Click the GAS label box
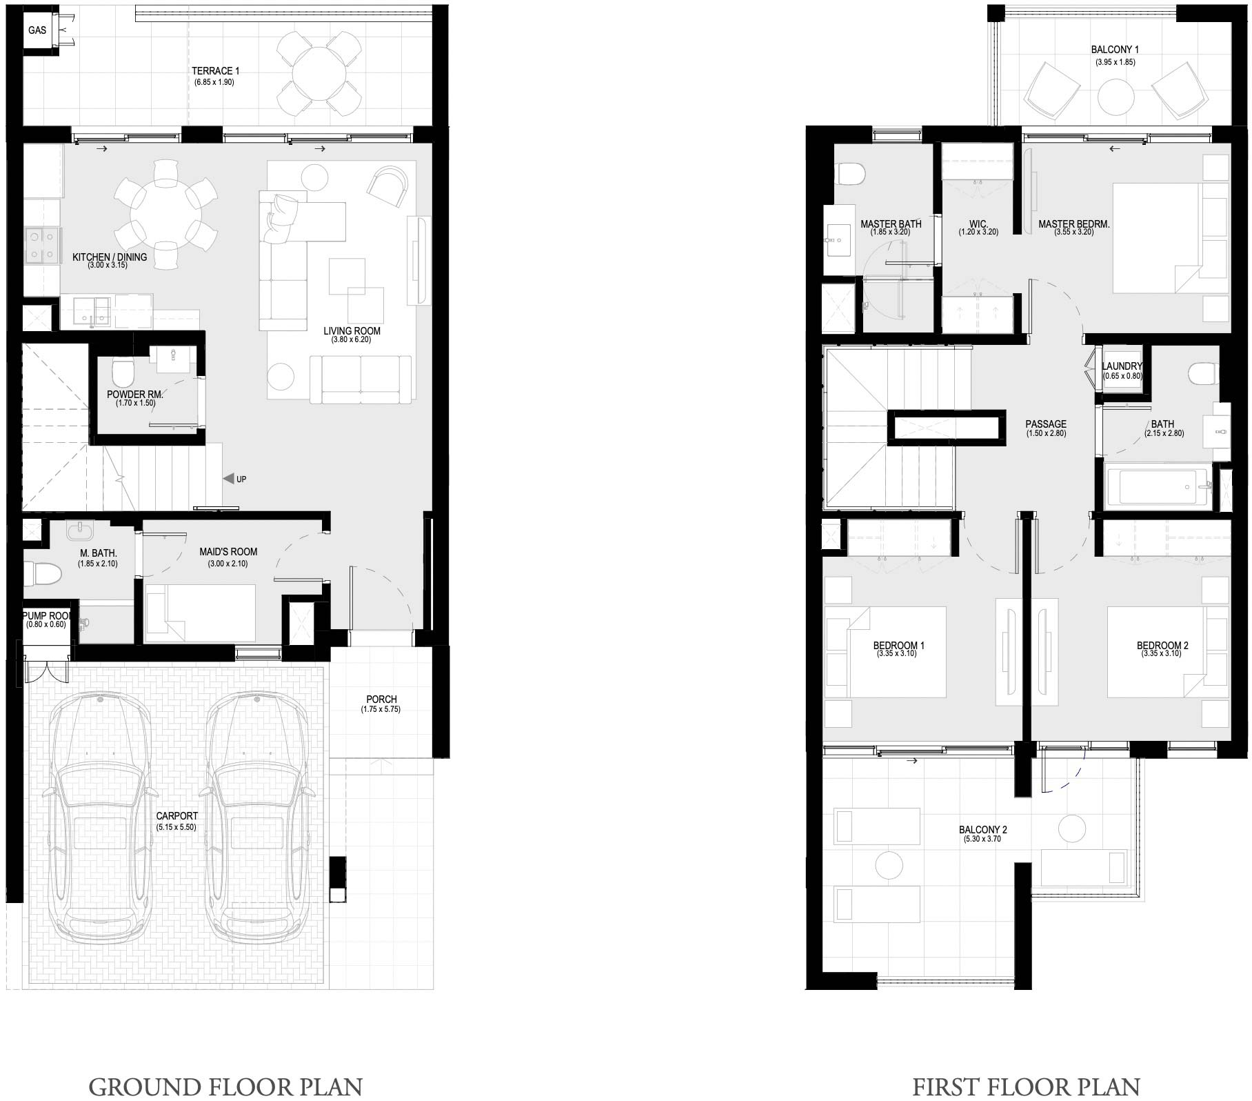click(x=37, y=30)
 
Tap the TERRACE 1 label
click(x=215, y=71)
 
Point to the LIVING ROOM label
click(x=352, y=331)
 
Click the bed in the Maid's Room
click(x=200, y=613)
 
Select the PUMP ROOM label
click(x=46, y=616)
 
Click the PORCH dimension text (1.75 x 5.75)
click(x=381, y=709)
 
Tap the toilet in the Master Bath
click(x=849, y=174)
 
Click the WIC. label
click(x=978, y=224)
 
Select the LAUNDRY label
click(x=1122, y=366)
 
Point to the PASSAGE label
click(x=1045, y=424)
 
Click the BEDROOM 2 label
click(x=1162, y=646)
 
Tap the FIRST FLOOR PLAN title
click(x=1026, y=1087)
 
